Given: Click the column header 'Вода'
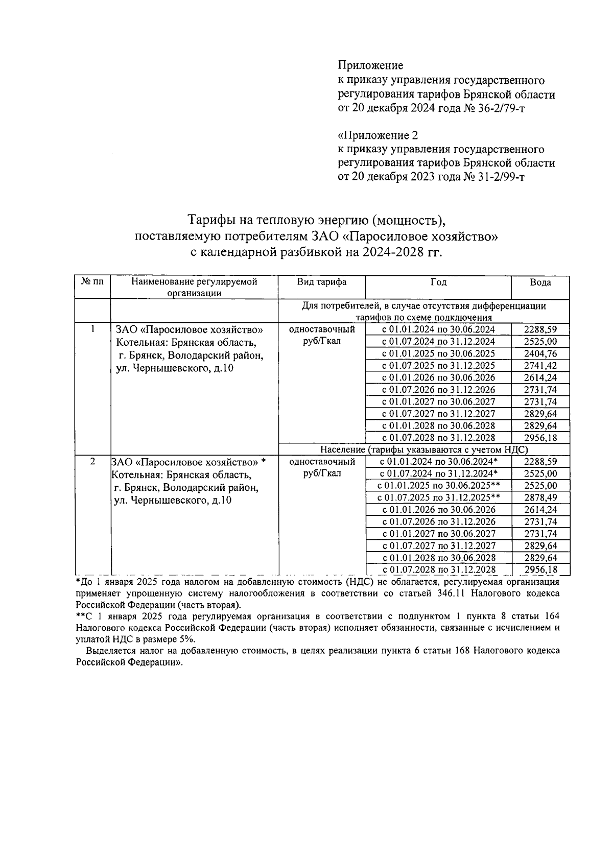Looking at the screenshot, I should pos(540,282).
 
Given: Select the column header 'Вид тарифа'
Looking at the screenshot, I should pos(322,282).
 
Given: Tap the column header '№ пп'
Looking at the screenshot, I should pos(92,282).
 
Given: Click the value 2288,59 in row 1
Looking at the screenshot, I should pos(540,330).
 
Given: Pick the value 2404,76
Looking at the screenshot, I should pos(540,354).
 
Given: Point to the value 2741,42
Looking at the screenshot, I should pos(540,366).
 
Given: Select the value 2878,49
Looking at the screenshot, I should pos(540,497).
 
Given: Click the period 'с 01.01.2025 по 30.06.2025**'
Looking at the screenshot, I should pos(438,486).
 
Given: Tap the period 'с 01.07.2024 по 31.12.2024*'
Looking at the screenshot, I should pos(438,473).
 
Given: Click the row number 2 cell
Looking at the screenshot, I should pos(92,462).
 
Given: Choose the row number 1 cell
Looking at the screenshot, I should pos(92,330).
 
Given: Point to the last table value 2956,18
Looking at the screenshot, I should pos(540,569).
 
